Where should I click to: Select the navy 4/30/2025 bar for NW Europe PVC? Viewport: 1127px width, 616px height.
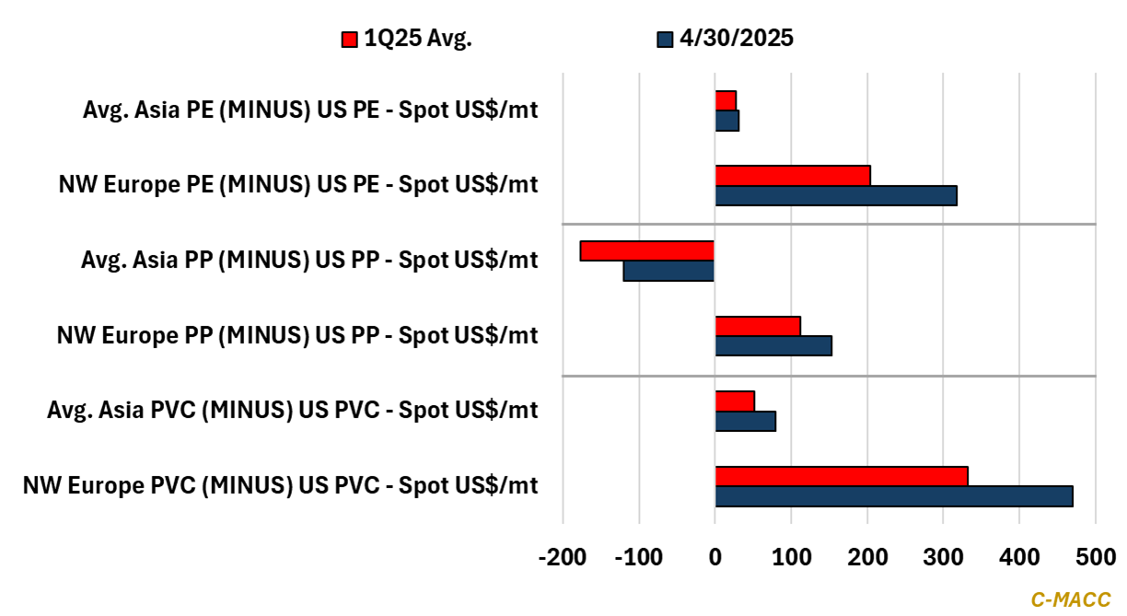click(x=894, y=496)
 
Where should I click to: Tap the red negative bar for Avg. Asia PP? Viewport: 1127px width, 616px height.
click(x=647, y=250)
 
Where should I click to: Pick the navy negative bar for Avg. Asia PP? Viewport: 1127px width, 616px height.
click(x=668, y=271)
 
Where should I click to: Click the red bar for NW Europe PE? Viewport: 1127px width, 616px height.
click(x=793, y=175)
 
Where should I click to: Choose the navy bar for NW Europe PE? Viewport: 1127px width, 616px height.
click(x=836, y=195)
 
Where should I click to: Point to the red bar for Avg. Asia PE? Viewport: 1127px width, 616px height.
click(x=726, y=100)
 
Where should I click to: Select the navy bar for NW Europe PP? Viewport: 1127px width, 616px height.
click(x=773, y=345)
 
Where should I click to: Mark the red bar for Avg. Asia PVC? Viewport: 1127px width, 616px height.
click(x=735, y=401)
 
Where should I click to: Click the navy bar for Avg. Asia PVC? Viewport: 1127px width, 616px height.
click(x=746, y=421)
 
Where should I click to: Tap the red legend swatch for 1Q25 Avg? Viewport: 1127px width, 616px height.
click(x=349, y=39)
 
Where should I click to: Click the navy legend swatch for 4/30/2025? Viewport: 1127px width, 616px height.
click(x=665, y=39)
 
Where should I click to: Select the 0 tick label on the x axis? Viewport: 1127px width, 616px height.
click(x=715, y=558)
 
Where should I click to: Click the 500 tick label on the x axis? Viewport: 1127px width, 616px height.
click(x=1095, y=558)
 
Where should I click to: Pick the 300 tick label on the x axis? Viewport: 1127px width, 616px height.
click(x=943, y=558)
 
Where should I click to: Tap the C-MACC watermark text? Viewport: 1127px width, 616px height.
click(x=1071, y=599)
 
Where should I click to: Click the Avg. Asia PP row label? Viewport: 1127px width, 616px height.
click(x=309, y=261)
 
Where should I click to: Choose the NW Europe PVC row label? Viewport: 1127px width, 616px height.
click(x=281, y=485)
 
